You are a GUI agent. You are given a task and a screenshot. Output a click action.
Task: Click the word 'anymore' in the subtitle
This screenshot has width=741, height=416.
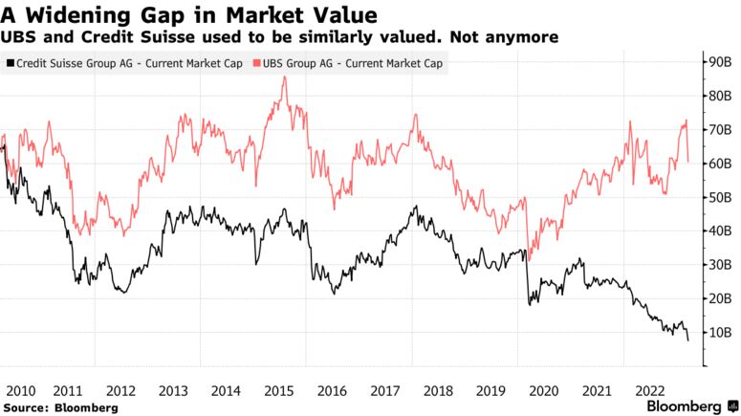point(522,36)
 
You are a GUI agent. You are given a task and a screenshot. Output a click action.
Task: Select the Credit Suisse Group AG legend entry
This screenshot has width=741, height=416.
point(123,63)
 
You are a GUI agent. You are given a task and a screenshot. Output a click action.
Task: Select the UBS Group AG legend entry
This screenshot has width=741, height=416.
point(350,63)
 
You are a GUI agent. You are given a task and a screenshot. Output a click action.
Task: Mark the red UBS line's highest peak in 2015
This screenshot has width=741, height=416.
point(284,77)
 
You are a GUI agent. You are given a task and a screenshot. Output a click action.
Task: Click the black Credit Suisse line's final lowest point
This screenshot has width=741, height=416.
point(687,340)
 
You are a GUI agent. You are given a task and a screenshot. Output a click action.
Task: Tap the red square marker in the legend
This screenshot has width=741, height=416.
point(256,63)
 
